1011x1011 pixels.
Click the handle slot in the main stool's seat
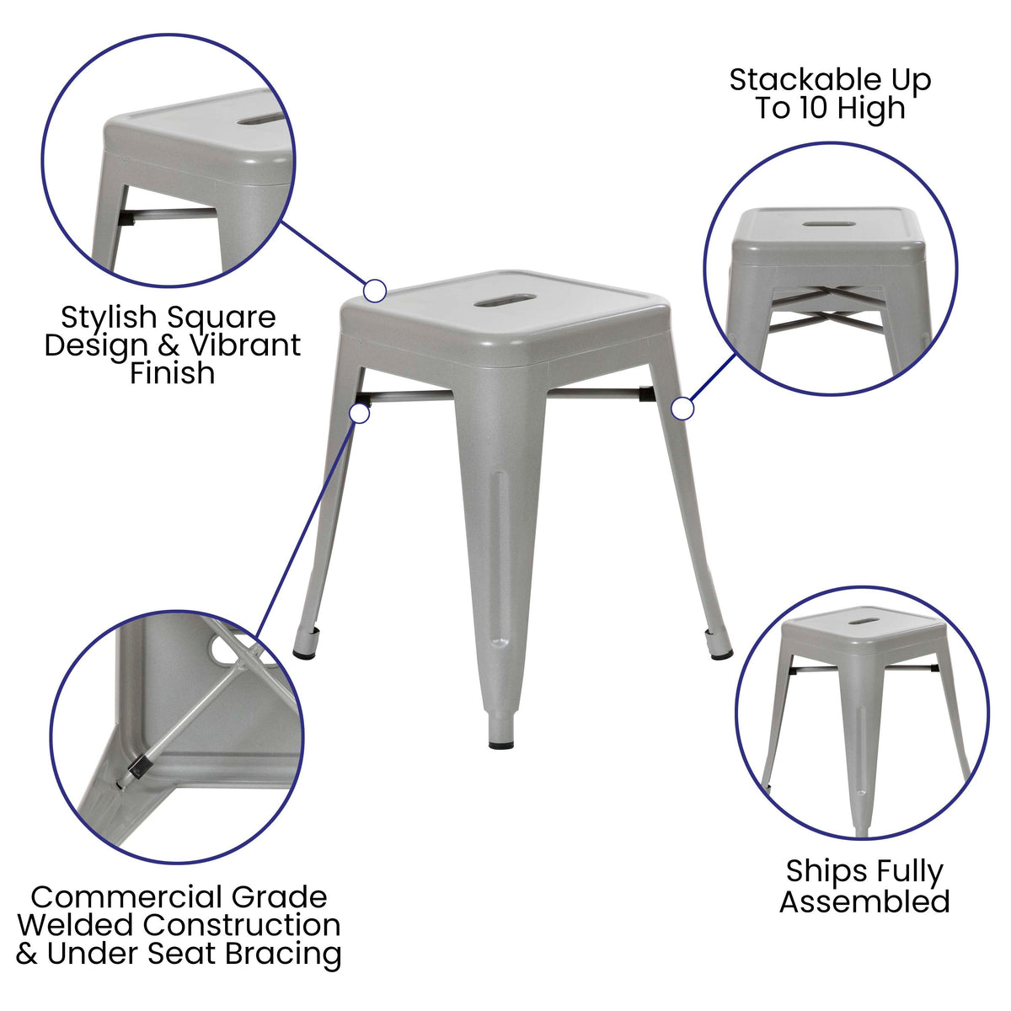(x=505, y=301)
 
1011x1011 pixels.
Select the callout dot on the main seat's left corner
(x=375, y=291)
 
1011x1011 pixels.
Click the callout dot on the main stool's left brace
(x=360, y=413)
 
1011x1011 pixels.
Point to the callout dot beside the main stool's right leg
(x=682, y=409)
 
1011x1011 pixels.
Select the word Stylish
(x=109, y=318)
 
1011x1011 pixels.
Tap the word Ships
(x=816, y=872)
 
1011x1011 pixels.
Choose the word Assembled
(x=864, y=901)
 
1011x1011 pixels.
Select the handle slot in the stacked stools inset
(x=829, y=223)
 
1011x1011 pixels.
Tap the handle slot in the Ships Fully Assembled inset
(x=860, y=622)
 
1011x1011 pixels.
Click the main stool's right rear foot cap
(x=720, y=652)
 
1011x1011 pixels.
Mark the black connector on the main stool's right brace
(x=646, y=393)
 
